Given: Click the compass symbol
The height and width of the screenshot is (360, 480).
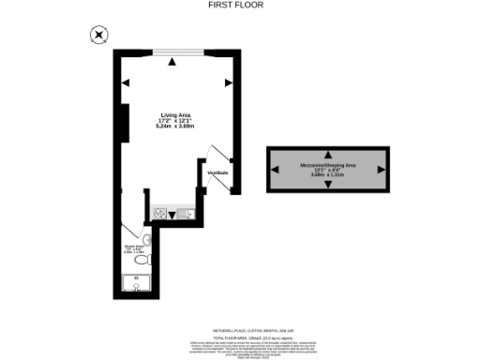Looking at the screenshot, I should pos(98,36).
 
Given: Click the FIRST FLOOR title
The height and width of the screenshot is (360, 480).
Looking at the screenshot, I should pos(235,5).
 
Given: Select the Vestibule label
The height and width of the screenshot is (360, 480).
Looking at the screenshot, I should pos(218,172).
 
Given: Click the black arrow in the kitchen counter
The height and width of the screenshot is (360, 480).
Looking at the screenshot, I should pos(172,216).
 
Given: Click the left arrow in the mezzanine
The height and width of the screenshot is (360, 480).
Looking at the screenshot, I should pos(277,169).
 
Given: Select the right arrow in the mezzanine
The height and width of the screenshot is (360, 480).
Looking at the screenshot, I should pos(379,169).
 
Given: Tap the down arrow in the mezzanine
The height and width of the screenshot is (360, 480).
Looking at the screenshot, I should pos(327,184).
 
